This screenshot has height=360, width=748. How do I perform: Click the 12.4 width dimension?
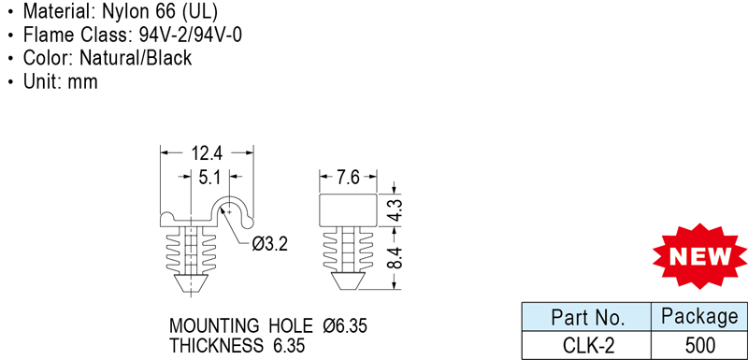click(x=207, y=153)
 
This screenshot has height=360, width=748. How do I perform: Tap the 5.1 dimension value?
click(x=209, y=178)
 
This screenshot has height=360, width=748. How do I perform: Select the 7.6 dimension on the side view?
click(x=348, y=178)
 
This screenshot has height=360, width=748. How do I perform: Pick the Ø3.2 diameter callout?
click(x=270, y=244)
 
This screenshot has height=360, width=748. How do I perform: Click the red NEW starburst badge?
click(x=700, y=256)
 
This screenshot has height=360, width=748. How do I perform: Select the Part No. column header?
click(x=588, y=317)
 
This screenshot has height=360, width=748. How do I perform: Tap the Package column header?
click(x=698, y=316)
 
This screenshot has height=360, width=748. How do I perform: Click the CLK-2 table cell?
click(x=586, y=345)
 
